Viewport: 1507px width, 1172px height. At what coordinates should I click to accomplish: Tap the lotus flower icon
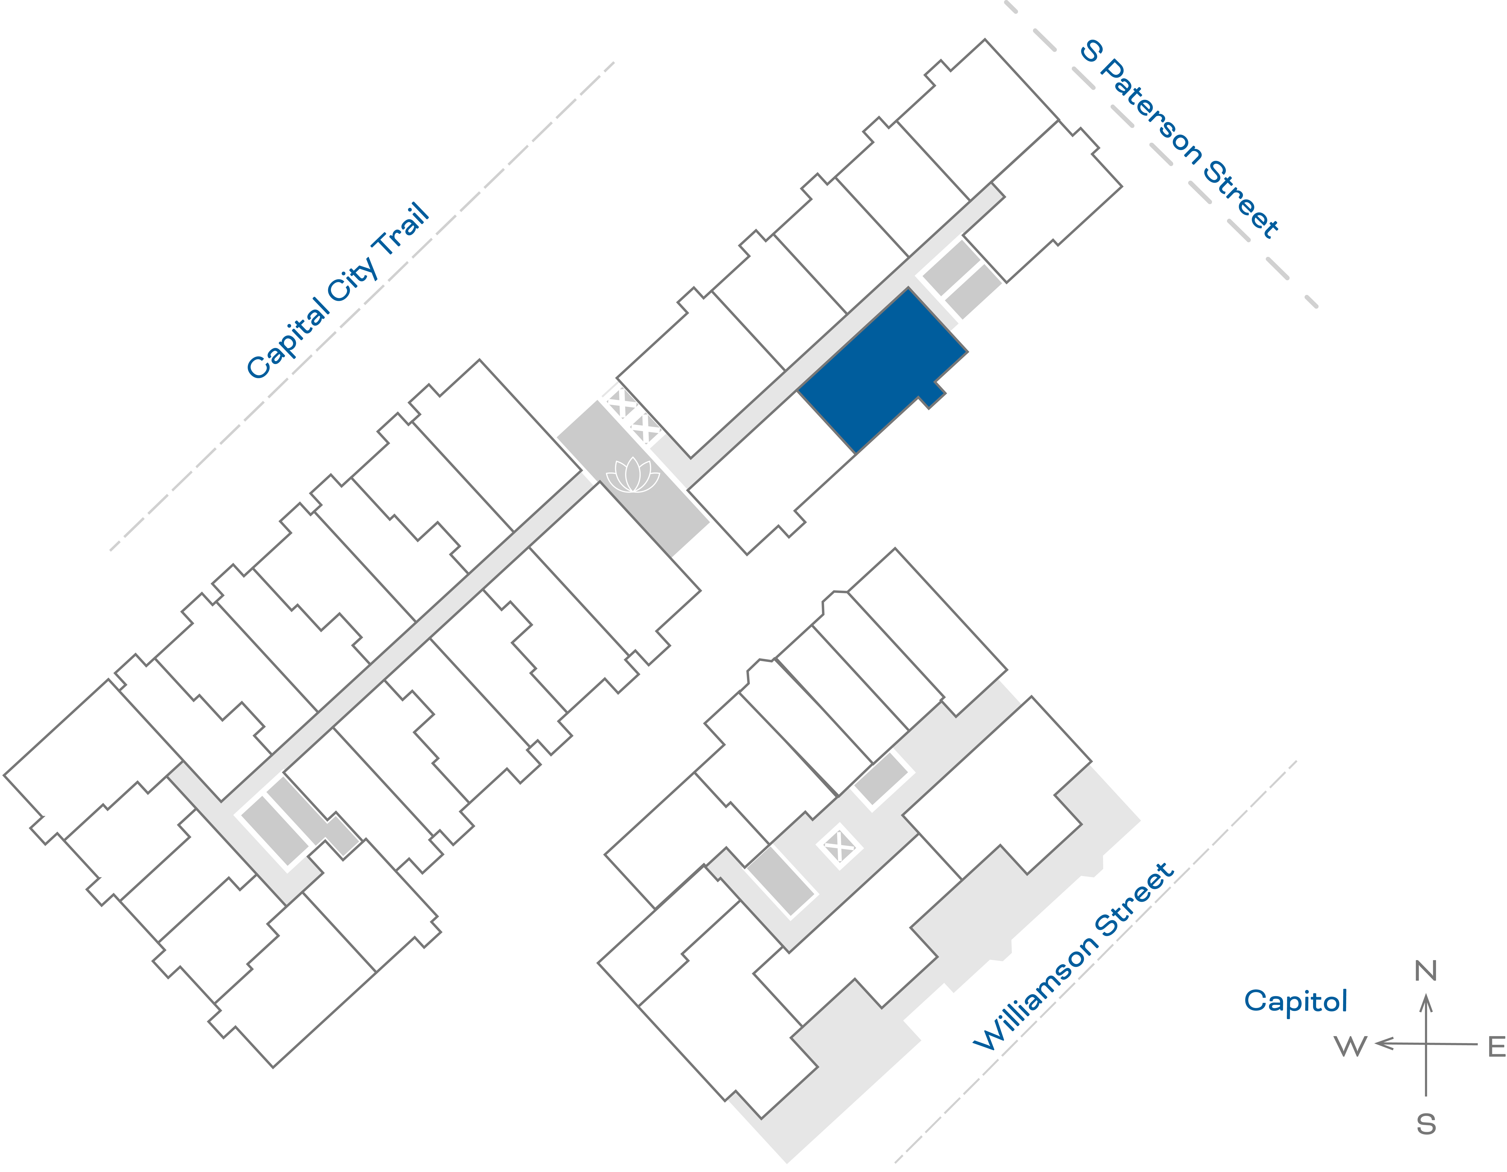click(x=633, y=476)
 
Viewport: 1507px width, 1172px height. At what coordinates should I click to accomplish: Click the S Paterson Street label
click(x=1180, y=138)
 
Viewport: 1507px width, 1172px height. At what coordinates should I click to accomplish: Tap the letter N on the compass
click(x=1426, y=971)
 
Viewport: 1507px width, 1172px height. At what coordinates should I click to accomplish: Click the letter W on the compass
click(x=1350, y=1046)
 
